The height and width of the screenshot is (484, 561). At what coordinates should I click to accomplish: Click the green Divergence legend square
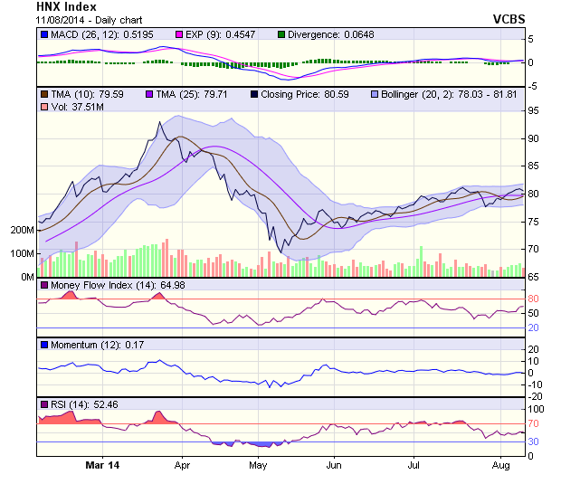pos(281,34)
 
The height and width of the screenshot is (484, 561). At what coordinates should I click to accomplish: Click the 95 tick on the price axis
pos(534,110)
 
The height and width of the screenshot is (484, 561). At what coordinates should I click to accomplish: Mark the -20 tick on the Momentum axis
pos(536,395)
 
